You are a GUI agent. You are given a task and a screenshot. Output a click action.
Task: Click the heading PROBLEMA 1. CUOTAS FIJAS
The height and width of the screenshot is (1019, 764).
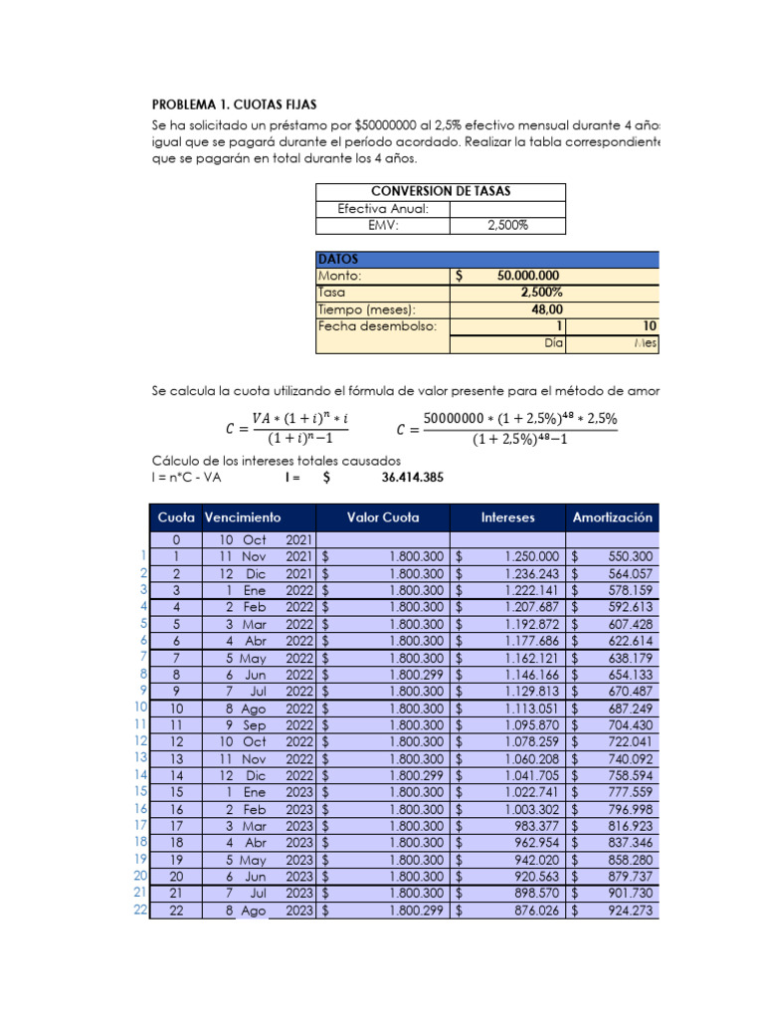pyautogui.click(x=235, y=103)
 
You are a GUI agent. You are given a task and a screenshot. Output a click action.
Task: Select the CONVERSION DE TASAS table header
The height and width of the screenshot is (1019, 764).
pyautogui.click(x=441, y=191)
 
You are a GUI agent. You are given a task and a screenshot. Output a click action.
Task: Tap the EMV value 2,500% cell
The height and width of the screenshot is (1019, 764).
pyautogui.click(x=507, y=226)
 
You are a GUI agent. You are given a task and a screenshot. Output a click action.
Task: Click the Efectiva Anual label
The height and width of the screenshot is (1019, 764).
pyautogui.click(x=383, y=209)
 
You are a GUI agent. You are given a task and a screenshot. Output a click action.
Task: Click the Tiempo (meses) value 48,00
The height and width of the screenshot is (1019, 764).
pyautogui.click(x=542, y=309)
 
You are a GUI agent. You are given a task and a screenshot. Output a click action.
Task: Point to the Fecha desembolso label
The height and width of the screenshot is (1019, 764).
pyautogui.click(x=377, y=326)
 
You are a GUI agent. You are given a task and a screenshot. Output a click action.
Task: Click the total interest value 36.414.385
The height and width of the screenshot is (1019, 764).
pyautogui.click(x=413, y=478)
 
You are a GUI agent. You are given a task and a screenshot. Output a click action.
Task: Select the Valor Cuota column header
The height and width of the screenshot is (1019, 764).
pyautogui.click(x=383, y=517)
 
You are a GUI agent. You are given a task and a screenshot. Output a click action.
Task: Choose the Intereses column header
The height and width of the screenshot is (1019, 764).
pyautogui.click(x=507, y=517)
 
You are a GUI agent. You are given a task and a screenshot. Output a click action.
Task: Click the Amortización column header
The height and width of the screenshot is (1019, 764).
pyautogui.click(x=613, y=517)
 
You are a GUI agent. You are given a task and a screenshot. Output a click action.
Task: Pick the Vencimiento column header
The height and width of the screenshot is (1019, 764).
pyautogui.click(x=243, y=517)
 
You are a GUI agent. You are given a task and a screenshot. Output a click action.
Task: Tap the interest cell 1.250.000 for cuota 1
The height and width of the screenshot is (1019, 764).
pyautogui.click(x=531, y=556)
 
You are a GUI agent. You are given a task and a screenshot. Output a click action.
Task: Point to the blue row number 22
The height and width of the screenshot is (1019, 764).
pyautogui.click(x=140, y=911)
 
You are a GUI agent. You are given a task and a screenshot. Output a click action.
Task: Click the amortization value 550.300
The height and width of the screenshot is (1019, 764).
pyautogui.click(x=630, y=556)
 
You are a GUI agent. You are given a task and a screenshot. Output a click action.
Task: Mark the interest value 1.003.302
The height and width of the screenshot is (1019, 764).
pyautogui.click(x=531, y=809)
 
